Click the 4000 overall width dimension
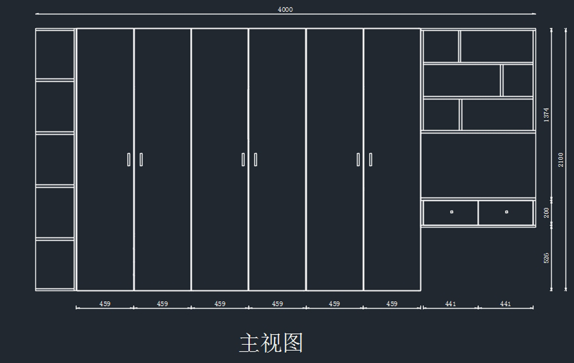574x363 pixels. (285, 10)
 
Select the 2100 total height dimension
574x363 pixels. (561, 160)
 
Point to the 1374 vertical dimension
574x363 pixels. (546, 115)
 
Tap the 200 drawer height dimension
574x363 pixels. (546, 212)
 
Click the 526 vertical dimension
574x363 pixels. (546, 258)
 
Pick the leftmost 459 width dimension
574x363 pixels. (105, 304)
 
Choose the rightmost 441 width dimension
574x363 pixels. (506, 304)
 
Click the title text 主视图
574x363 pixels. (271, 343)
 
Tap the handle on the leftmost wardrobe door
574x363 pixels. (129, 159)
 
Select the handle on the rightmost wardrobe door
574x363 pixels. (370, 159)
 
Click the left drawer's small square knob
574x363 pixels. (452, 211)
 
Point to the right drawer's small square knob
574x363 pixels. (507, 211)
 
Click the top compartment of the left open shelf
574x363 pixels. (55, 54)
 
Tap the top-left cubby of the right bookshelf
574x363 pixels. (441, 46)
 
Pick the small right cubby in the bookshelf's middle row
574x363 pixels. (518, 80)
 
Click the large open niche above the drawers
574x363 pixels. (478, 165)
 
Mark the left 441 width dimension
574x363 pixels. (451, 304)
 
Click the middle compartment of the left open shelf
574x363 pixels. (55, 159)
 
